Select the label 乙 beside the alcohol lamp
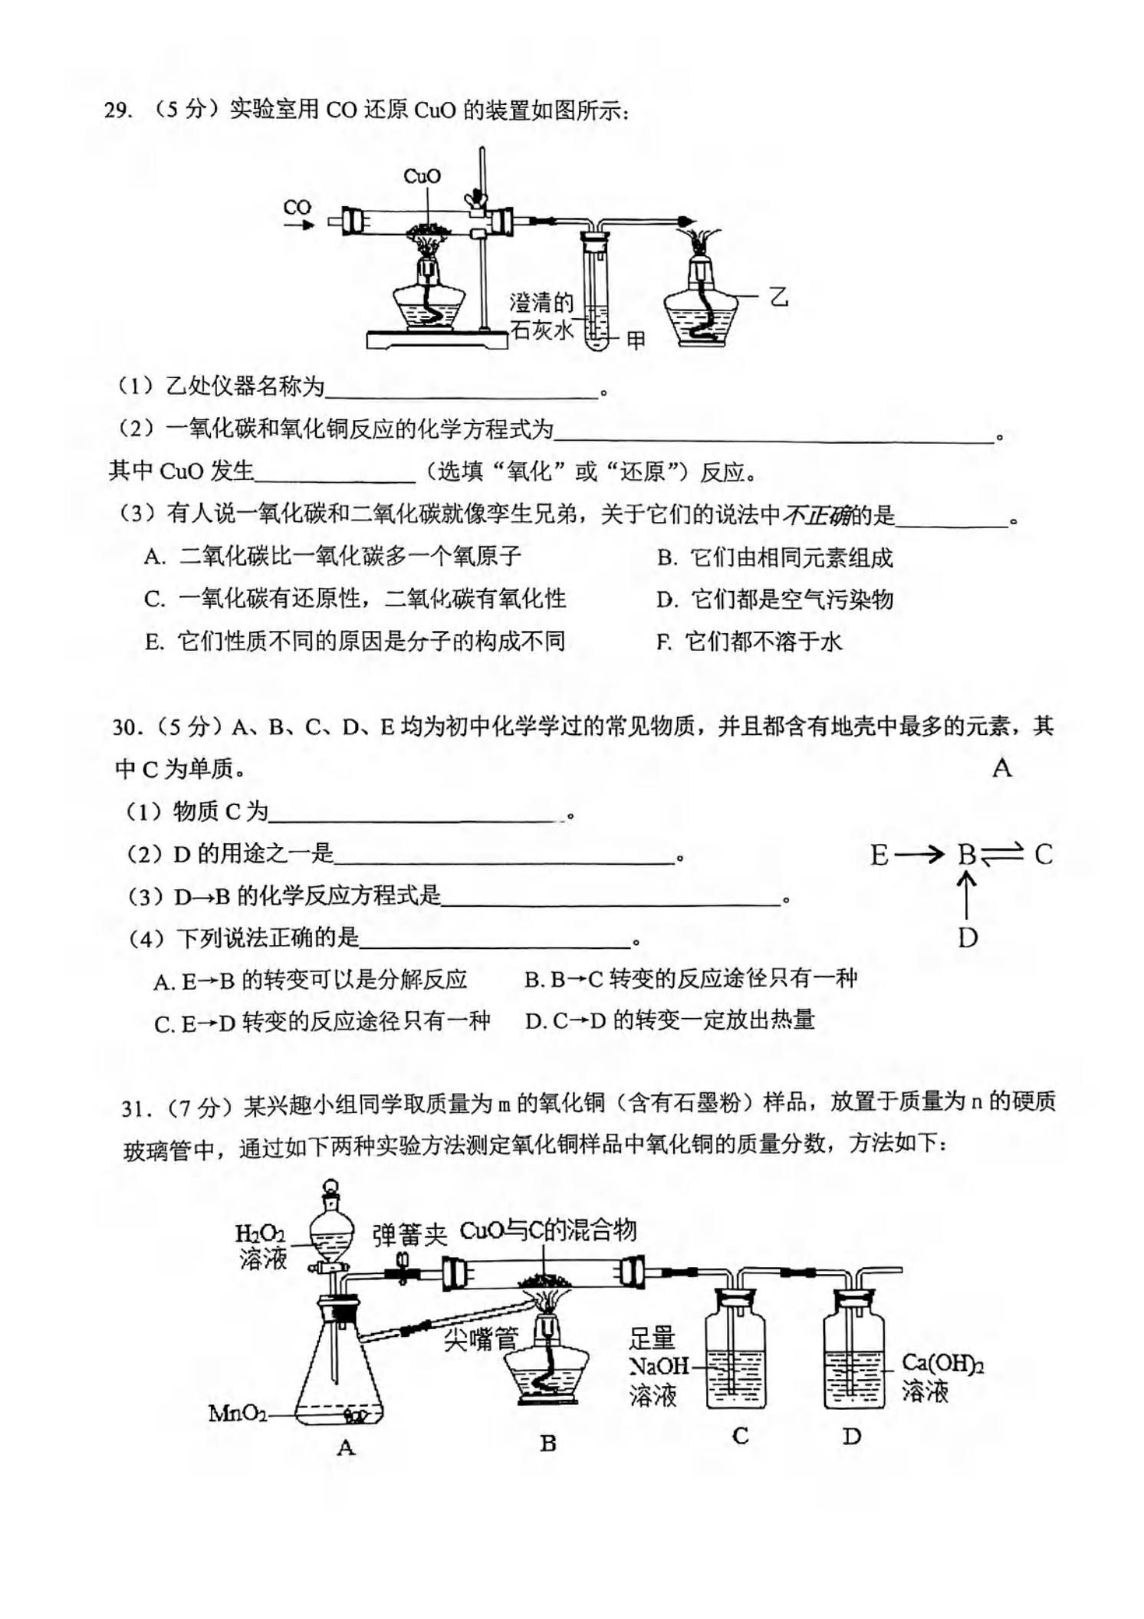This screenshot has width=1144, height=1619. (x=779, y=296)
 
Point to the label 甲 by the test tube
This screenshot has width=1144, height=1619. (x=636, y=340)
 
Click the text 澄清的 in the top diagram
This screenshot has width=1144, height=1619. (x=541, y=302)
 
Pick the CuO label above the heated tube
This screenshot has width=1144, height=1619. (x=422, y=176)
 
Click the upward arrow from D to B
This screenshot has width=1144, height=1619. (x=966, y=896)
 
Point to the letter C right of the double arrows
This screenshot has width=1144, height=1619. (x=1043, y=854)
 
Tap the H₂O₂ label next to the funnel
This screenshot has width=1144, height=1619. (x=260, y=1234)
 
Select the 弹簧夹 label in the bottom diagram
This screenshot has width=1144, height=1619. (x=409, y=1235)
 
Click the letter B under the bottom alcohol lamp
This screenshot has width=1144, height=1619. (x=547, y=1443)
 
